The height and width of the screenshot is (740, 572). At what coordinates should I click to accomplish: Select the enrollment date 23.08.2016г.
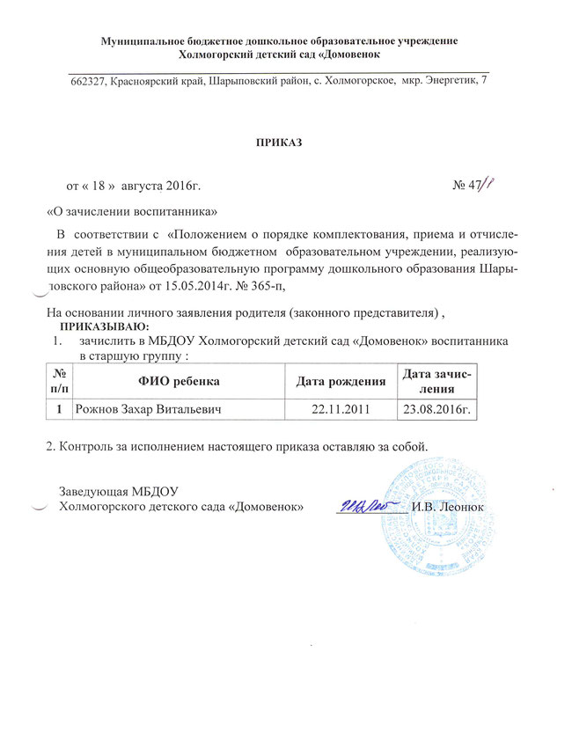[x=437, y=409]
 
